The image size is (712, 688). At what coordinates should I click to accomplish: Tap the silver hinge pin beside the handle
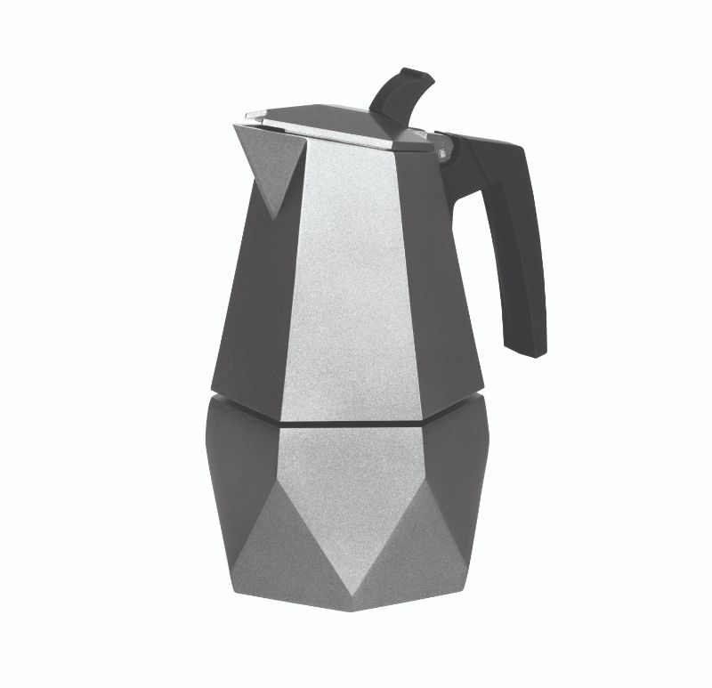tap(442, 153)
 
